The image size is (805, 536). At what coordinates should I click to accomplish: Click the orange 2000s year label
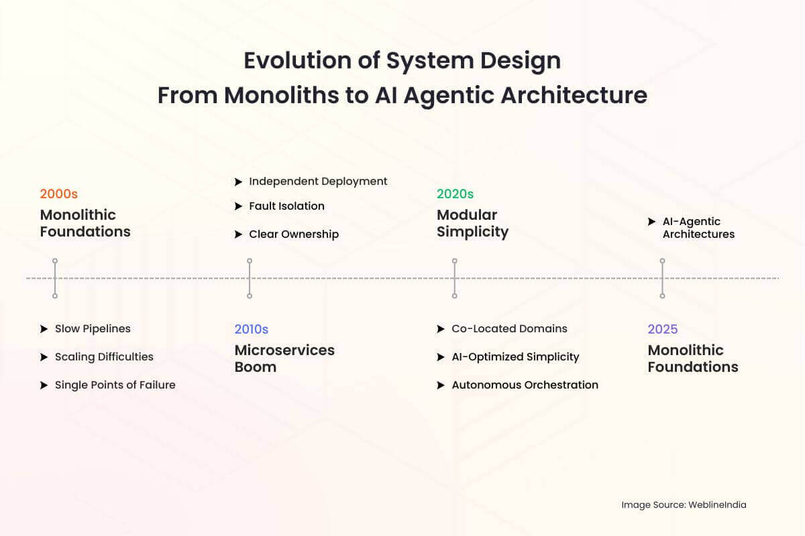point(59,194)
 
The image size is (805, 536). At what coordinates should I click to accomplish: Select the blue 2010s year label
point(252,329)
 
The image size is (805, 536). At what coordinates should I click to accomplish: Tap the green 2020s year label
point(455,194)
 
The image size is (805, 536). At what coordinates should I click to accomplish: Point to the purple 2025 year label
point(663,329)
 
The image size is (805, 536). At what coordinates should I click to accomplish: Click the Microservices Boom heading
point(284,358)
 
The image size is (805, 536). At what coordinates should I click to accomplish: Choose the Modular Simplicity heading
point(473,223)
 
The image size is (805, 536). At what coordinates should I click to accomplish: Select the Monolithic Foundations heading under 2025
point(693,358)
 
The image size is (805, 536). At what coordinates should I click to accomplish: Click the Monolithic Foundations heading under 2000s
point(85,223)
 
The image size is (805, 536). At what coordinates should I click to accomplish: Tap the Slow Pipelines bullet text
point(93,329)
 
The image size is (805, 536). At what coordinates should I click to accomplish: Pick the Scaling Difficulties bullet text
point(104,357)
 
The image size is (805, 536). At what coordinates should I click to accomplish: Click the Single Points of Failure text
point(115,385)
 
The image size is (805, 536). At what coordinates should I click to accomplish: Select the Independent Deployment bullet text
point(318,182)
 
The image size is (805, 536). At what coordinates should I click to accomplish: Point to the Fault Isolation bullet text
point(286,206)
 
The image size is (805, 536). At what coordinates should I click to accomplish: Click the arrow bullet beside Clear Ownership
point(238,234)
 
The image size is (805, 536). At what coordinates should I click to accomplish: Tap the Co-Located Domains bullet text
point(509,329)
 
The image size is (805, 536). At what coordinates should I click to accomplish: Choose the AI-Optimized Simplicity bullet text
point(515,357)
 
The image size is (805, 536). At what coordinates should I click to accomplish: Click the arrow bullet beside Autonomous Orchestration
point(441,385)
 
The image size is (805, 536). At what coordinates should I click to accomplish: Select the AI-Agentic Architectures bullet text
point(698,228)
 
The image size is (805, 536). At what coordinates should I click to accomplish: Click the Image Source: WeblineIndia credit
point(684,505)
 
